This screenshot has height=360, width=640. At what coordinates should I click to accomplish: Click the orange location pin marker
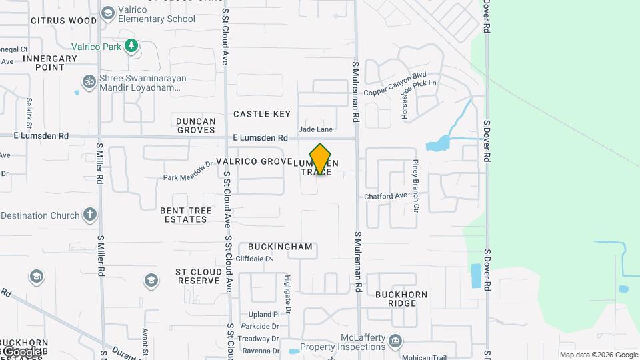point(321,159)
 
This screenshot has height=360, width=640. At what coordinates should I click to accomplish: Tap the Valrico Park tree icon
point(132,46)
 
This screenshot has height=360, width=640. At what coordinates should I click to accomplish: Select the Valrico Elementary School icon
point(108,13)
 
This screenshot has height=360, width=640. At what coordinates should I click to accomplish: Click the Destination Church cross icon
point(90,215)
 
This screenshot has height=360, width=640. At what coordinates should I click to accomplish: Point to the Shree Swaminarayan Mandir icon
point(89,82)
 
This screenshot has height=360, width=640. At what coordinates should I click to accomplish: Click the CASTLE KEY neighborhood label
point(262,114)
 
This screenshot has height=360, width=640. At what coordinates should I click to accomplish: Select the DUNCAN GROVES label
point(196,125)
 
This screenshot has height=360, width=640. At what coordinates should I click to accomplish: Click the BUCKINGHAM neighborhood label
point(280,247)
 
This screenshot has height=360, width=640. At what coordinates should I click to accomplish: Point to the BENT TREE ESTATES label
point(186,215)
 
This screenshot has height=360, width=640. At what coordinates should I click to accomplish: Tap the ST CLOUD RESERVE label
point(197,276)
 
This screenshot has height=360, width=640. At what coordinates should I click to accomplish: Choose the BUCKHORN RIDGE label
point(396,299)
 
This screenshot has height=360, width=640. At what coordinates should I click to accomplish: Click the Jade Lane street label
point(315,129)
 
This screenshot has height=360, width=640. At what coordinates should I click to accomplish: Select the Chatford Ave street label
point(385,196)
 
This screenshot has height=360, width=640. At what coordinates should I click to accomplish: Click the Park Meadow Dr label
point(188,171)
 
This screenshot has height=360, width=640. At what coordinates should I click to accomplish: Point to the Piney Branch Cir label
point(415,186)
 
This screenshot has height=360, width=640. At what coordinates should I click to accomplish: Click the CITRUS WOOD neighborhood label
point(63,21)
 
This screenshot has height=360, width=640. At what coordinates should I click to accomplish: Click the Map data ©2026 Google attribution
point(599,355)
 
